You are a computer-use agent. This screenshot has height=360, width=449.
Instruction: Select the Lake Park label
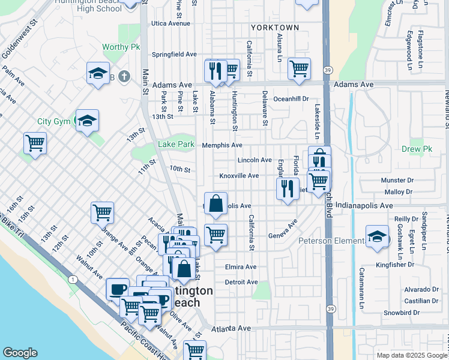coord(176,145)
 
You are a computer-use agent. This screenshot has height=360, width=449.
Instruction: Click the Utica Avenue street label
coord(170,24)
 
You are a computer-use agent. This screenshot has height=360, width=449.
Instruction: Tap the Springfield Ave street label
coord(174,54)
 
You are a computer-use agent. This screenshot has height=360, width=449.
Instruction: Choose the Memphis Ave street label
coord(222,145)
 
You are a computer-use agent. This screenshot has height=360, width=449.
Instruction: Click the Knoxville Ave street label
coord(239,176)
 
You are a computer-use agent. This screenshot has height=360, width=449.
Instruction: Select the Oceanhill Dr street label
coord(291,98)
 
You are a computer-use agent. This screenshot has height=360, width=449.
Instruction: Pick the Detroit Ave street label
coord(241,282)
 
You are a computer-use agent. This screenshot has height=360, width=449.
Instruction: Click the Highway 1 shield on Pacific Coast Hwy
coord(73,279)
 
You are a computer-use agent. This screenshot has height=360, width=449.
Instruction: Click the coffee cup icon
coord(117,289)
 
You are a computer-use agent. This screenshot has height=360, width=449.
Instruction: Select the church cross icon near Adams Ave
coord(124,76)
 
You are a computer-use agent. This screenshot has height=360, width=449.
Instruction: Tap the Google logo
coord(20,353)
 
